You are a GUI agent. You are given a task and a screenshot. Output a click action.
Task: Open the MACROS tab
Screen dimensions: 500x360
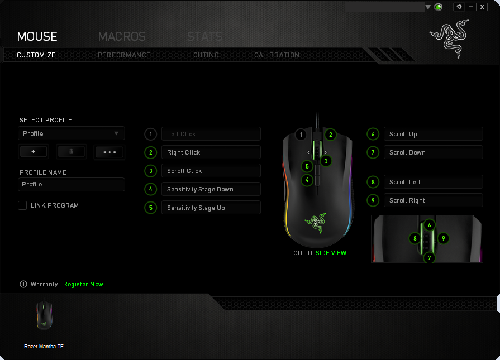coord(122,37)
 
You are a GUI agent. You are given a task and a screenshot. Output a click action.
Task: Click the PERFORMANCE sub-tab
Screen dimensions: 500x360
coord(124,55)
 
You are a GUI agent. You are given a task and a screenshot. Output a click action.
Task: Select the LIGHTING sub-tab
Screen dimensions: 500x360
coord(203,55)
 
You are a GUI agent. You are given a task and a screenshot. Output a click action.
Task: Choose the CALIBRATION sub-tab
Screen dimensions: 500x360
coord(277,55)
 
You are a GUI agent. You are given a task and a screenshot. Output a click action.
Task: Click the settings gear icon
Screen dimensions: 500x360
coord(459,7)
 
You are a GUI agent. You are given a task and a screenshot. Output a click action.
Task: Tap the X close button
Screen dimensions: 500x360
coord(482,7)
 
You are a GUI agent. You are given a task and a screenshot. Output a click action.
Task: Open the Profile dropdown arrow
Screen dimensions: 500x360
coord(116,133)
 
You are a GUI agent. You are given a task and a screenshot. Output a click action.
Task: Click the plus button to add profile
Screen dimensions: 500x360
coord(34,152)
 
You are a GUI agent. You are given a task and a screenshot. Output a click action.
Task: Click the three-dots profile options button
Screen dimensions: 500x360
coord(109,152)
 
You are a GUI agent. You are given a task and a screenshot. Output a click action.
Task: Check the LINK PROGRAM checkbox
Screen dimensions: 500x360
coord(22,205)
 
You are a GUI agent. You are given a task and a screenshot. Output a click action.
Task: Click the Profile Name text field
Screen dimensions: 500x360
coord(72,184)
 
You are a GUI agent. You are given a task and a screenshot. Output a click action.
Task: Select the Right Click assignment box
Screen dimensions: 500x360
coord(211,152)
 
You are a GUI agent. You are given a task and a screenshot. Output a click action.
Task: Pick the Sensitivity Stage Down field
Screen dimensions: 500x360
coord(211,189)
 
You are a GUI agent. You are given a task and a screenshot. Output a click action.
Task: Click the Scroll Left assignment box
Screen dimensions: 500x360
coord(434,182)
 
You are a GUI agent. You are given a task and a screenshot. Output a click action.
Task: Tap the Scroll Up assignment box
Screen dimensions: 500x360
coord(434,134)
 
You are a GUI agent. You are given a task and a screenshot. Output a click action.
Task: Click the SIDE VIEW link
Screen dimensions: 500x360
coord(331,253)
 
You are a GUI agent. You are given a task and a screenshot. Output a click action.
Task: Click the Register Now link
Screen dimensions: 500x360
coord(83,284)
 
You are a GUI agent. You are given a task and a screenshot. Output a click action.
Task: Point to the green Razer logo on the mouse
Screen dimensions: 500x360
coord(316,223)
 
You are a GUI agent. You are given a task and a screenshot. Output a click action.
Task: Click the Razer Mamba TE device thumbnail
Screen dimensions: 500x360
coord(44,315)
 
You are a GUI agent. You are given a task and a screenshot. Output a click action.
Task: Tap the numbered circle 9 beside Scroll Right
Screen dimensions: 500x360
coord(373,200)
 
